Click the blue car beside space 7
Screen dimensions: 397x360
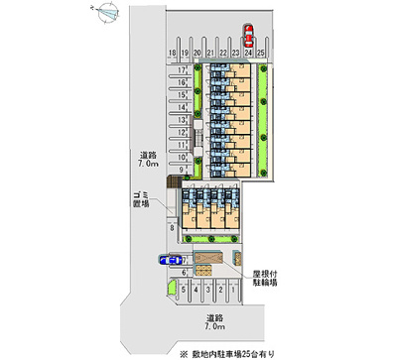tap(170, 261)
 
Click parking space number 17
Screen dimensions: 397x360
tap(182, 69)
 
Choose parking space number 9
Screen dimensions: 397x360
tap(182, 169)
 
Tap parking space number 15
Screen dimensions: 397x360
tap(182, 94)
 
